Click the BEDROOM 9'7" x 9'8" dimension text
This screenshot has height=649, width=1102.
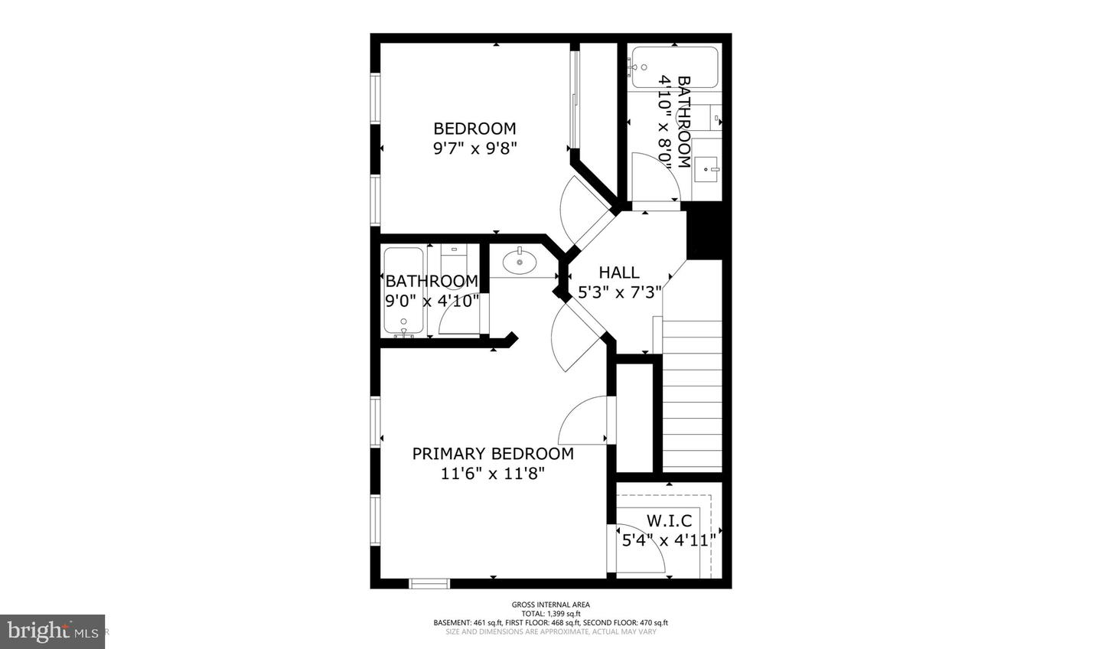(475, 148)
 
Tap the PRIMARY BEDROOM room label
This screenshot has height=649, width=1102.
(493, 454)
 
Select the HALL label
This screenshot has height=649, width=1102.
(619, 272)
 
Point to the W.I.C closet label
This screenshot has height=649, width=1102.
(670, 521)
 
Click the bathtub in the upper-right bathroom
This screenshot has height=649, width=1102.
(673, 66)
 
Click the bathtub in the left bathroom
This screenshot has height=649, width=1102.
(403, 292)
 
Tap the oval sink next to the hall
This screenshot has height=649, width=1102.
(520, 263)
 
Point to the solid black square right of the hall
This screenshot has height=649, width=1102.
(704, 233)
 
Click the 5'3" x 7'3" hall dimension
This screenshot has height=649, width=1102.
(620, 292)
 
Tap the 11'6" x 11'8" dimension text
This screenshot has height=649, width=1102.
(493, 474)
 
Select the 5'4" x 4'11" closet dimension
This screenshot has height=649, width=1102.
(667, 540)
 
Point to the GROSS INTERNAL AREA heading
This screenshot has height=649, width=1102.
(551, 605)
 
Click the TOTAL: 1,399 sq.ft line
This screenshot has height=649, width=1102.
(551, 613)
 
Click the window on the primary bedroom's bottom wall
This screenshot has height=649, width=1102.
(429, 584)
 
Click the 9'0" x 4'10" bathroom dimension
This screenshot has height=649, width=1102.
(432, 301)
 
